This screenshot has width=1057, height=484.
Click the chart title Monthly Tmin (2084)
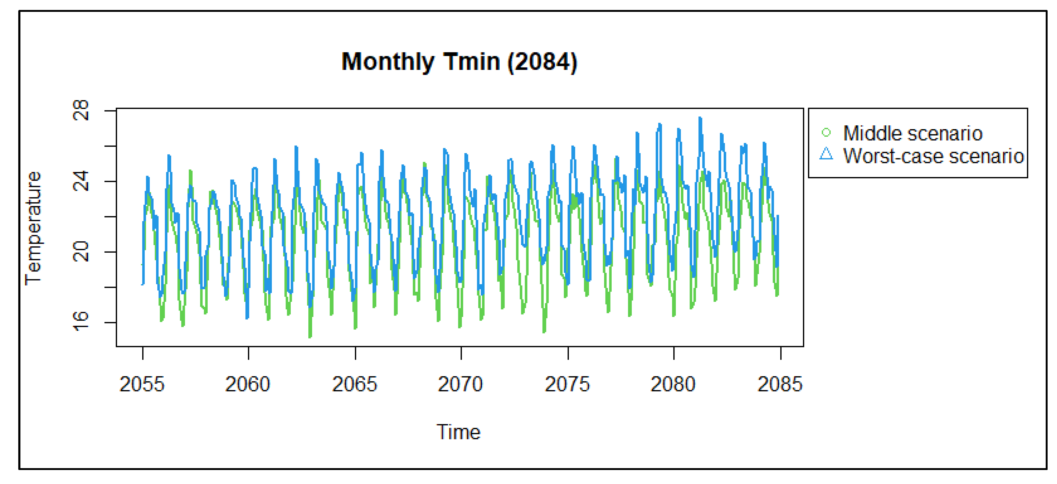459,62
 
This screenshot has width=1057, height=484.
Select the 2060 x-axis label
248,384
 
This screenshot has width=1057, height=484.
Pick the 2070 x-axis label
460,384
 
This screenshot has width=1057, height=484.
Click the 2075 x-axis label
567,384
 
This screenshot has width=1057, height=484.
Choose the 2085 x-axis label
780,384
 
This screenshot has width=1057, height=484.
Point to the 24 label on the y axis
81,181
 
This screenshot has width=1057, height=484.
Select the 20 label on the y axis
81,252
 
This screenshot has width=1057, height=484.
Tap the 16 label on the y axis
81,322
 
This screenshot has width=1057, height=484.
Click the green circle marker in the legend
826,132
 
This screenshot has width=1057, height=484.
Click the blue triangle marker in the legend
826,154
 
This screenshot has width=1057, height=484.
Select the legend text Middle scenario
912,133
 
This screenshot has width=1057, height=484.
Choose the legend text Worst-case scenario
933,156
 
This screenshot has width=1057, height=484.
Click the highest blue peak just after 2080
700,118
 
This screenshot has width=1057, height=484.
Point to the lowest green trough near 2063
310,337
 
